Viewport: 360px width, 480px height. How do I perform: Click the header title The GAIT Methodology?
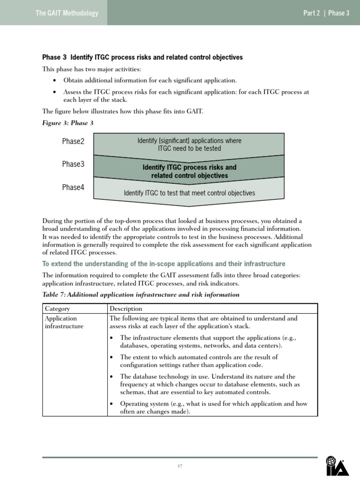tap(67, 13)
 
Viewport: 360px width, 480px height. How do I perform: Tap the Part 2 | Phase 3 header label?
tap(326, 13)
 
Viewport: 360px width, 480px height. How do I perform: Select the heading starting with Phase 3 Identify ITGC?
tap(142, 58)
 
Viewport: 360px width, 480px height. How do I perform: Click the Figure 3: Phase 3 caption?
tap(68, 123)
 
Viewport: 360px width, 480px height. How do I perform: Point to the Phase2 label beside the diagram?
tap(73, 142)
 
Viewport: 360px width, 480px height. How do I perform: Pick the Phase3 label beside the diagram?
tap(73, 164)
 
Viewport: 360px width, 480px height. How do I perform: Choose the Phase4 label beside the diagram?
tap(73, 187)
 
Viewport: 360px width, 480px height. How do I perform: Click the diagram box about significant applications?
tap(189, 144)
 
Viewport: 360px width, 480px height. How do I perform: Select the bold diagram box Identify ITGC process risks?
tap(189, 172)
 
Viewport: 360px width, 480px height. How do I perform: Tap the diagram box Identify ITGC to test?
tap(189, 193)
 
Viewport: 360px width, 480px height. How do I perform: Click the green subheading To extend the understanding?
tap(164, 264)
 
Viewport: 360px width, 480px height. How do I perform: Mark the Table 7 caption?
tap(141, 295)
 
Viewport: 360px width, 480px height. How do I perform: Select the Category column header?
tap(57, 308)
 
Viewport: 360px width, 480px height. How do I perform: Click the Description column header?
tap(125, 308)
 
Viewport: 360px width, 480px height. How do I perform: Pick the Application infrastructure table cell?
tap(64, 322)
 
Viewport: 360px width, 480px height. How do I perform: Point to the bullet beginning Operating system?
tap(213, 407)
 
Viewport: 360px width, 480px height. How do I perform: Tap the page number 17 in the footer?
tap(180, 465)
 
